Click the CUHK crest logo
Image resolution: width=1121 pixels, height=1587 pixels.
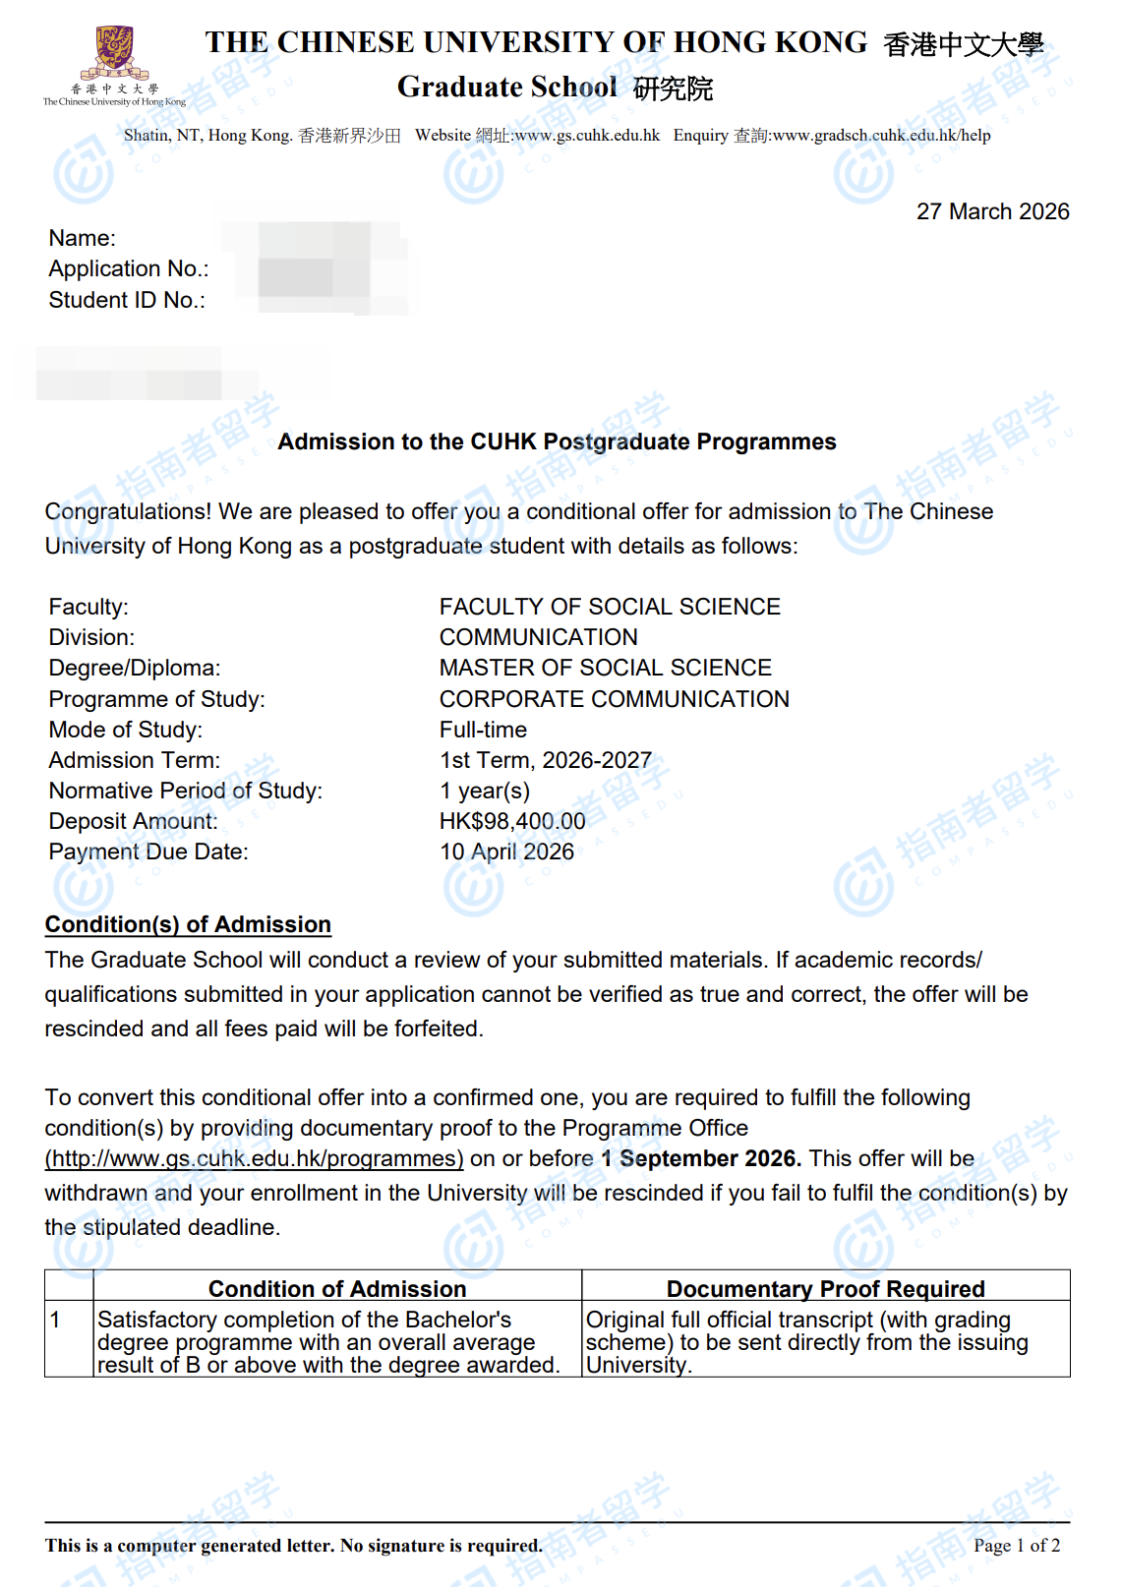(x=114, y=54)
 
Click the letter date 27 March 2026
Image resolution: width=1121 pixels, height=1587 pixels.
(x=992, y=211)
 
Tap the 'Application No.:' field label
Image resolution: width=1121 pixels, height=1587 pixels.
(x=129, y=268)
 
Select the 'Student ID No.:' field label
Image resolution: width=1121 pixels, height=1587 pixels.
(x=127, y=300)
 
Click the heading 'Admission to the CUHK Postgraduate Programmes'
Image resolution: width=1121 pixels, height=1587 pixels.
(x=557, y=441)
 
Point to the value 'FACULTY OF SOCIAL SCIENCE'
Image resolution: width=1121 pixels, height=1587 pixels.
(x=610, y=607)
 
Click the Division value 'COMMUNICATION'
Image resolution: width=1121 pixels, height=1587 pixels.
(x=538, y=637)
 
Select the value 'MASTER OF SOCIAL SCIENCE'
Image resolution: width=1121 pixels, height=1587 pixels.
(x=605, y=668)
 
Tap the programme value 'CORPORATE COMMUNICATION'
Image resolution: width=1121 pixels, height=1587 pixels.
(x=614, y=699)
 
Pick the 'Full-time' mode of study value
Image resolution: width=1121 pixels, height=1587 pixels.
(x=483, y=730)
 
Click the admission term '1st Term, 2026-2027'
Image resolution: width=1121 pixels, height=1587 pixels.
(x=545, y=760)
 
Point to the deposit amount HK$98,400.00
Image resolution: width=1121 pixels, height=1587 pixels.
(x=511, y=821)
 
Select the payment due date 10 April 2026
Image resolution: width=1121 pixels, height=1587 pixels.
(x=506, y=852)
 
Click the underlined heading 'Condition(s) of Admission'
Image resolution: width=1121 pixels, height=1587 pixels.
(x=188, y=924)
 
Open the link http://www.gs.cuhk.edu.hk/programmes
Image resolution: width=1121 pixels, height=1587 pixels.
(x=254, y=1158)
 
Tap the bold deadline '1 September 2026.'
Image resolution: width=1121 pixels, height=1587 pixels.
(x=701, y=1158)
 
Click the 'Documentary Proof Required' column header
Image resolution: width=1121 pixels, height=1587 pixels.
(x=825, y=1288)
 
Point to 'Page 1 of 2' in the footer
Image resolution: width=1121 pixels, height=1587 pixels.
(x=1016, y=1546)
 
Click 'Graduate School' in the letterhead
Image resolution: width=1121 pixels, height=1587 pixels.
(x=506, y=88)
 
